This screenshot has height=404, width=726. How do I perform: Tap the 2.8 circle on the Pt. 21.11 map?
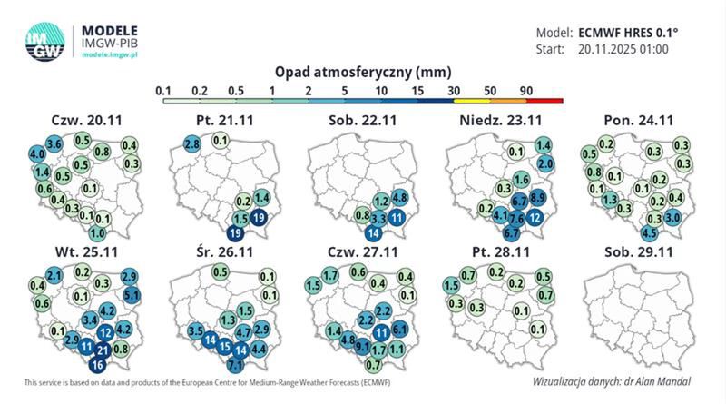point(192,144)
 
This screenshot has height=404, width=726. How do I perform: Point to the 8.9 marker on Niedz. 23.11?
point(536,198)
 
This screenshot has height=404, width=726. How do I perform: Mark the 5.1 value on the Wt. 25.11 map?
point(131,294)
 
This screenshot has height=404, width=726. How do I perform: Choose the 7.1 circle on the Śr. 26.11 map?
point(235,364)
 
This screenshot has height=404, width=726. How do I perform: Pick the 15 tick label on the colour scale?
point(417,90)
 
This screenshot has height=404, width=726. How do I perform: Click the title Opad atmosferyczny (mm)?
point(362,70)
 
